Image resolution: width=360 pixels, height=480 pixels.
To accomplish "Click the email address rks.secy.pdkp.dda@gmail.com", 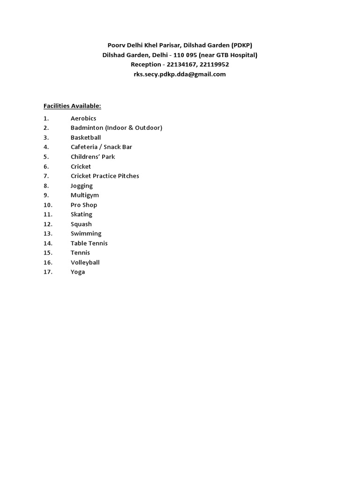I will click(x=180, y=74).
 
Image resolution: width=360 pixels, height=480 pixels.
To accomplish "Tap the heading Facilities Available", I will click(x=72, y=106).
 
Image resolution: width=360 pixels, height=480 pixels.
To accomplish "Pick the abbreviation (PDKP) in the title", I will click(x=242, y=45).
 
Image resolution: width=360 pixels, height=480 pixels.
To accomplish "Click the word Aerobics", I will click(x=83, y=119).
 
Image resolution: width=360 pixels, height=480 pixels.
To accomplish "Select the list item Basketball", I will click(x=86, y=138).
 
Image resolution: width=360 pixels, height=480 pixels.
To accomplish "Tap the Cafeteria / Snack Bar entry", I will click(x=101, y=147).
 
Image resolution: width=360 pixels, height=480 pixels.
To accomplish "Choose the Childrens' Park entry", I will click(x=93, y=157).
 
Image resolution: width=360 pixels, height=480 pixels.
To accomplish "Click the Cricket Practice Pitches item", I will click(x=105, y=176).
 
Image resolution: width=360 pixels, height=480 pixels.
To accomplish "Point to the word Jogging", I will click(x=82, y=186).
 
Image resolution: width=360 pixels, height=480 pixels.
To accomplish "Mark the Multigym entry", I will click(x=85, y=195).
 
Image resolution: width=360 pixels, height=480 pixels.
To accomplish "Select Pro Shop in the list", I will click(x=84, y=205).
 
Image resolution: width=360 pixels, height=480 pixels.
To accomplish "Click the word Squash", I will click(x=81, y=224).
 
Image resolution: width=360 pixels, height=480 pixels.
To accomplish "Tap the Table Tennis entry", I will click(x=89, y=243).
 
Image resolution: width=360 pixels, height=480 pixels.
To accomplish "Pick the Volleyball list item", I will click(x=85, y=262).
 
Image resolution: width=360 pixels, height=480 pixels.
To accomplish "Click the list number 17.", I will click(x=48, y=272).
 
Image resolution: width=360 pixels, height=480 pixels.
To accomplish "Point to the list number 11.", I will click(x=48, y=214).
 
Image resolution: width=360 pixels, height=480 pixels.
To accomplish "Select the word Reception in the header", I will click(x=145, y=65).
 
